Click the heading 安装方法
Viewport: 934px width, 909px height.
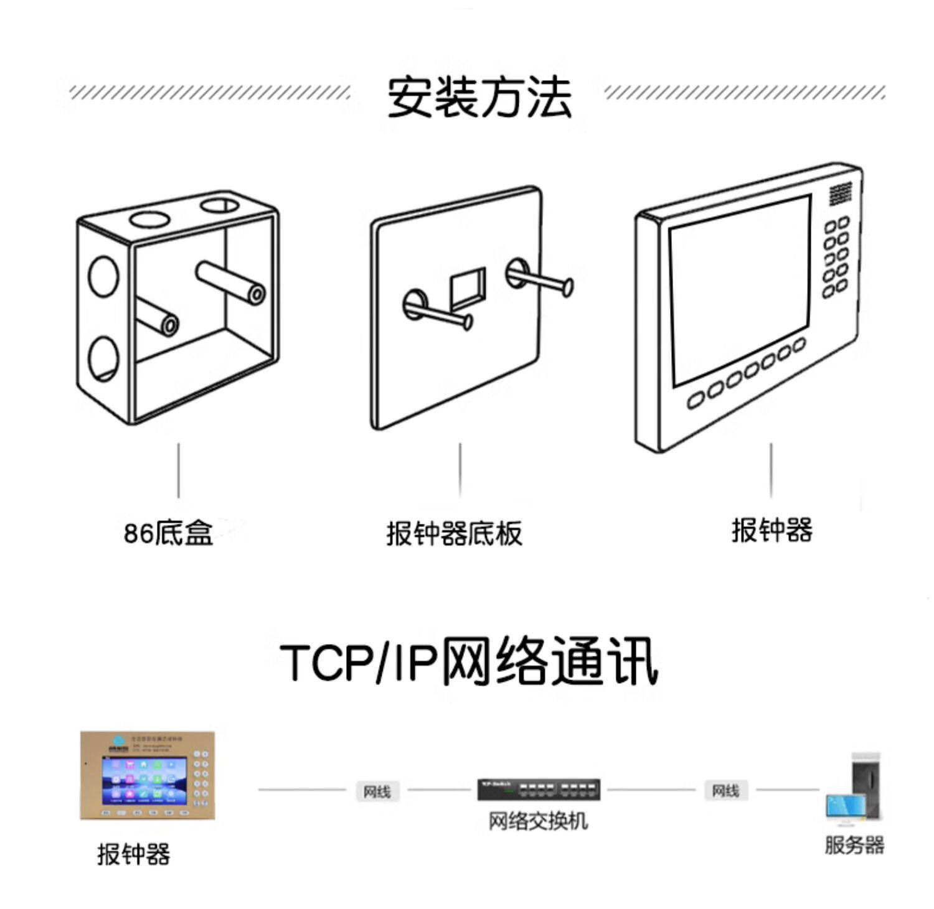click(479, 98)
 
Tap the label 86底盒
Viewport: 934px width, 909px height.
click(168, 533)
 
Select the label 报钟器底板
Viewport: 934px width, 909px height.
click(454, 533)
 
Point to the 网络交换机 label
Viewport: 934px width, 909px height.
click(538, 821)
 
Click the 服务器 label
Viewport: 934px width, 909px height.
click(854, 845)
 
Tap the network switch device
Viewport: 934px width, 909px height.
click(539, 790)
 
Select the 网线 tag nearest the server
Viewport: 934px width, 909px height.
click(725, 790)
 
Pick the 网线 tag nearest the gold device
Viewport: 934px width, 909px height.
click(377, 791)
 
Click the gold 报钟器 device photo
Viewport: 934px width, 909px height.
click(148, 775)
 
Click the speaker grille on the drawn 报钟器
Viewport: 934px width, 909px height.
click(840, 194)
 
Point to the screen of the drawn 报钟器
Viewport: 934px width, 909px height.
click(739, 290)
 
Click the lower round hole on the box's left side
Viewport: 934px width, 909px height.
click(103, 358)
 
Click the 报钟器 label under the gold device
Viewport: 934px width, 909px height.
click(134, 854)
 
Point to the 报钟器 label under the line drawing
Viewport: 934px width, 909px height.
click(772, 530)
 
